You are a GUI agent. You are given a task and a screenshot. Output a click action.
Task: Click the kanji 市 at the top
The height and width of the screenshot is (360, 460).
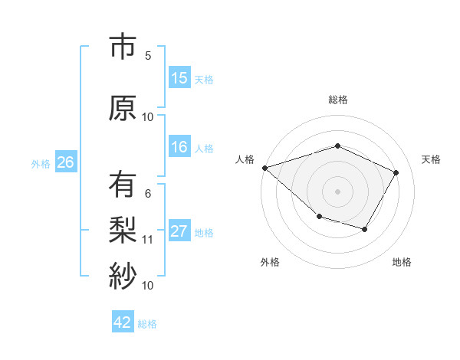coord(122,47)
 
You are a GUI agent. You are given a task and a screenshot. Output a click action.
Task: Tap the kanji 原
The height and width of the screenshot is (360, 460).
coord(122,108)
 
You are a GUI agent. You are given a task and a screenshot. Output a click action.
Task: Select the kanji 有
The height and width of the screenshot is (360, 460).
coord(122,185)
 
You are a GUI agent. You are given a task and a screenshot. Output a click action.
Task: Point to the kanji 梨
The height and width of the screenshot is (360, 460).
coord(122,231)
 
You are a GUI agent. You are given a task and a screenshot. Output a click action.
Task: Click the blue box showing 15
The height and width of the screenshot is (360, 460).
coord(179,78)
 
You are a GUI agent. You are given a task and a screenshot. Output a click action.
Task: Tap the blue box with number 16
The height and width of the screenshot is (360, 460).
coord(179,148)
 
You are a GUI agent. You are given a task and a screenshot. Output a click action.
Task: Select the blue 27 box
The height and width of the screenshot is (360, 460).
coord(179,231)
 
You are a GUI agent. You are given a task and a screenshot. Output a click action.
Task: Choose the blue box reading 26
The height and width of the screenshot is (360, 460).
coord(65,162)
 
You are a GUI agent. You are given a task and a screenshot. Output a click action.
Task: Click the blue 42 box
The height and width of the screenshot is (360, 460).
coord(123,322)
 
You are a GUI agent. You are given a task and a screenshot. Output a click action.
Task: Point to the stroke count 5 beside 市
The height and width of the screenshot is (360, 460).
coord(148,55)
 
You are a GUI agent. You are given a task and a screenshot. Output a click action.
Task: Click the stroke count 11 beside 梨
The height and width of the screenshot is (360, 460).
coord(148,239)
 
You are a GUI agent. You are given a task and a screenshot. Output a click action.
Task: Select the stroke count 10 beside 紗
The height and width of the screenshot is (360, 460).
coord(148,285)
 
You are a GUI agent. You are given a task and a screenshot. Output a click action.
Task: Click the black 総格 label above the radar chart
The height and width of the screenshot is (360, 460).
coord(337,100)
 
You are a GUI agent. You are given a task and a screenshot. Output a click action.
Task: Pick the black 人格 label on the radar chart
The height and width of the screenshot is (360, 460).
coord(245,159)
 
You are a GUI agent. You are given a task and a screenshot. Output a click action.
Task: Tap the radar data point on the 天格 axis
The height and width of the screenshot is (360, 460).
coord(396,172)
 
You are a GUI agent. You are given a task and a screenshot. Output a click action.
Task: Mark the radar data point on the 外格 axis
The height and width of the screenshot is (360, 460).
coord(319,218)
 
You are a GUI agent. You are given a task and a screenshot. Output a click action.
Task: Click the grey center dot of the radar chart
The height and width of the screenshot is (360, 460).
coord(337,191)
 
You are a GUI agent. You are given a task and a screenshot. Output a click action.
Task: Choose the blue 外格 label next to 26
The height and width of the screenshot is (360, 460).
coord(41,163)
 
